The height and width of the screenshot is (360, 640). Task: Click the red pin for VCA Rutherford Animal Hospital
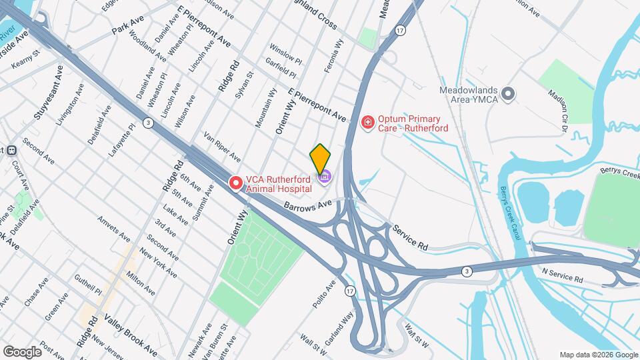pyautogui.click(x=235, y=182)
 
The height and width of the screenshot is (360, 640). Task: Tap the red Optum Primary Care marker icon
pyautogui.click(x=367, y=122)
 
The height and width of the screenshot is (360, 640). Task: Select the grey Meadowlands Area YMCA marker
pyautogui.click(x=509, y=94)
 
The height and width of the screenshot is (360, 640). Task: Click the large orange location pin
pyautogui.click(x=321, y=158)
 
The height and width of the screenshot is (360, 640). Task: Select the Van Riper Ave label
pyautogui.click(x=222, y=147)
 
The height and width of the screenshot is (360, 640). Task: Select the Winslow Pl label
pyautogui.click(x=285, y=54)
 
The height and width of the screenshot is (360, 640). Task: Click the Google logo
pyautogui.click(x=22, y=351)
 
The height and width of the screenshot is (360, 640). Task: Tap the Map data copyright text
pyautogui.click(x=597, y=355)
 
